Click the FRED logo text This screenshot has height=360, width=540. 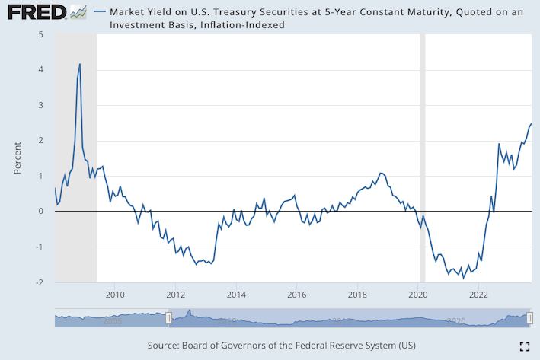click(34, 12)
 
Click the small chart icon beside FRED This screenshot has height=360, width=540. click(78, 12)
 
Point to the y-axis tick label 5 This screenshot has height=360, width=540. click(40, 35)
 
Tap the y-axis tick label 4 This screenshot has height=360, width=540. click(40, 70)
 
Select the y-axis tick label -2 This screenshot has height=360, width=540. click(38, 282)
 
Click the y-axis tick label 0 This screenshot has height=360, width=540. click(40, 212)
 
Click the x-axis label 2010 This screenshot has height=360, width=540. click(115, 294)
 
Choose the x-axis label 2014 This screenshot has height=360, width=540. click(236, 294)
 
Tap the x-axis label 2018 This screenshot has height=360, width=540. click(357, 294)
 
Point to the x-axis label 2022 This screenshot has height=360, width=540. click(478, 294)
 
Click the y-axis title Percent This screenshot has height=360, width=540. click(18, 157)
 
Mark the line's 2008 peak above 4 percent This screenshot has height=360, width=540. click(80, 65)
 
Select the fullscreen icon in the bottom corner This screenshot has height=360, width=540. click(524, 346)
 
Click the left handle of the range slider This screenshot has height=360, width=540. click(168, 318)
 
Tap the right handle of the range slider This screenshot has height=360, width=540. click(530, 318)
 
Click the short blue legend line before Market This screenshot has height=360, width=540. click(99, 12)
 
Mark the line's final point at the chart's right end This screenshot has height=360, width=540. click(531, 124)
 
